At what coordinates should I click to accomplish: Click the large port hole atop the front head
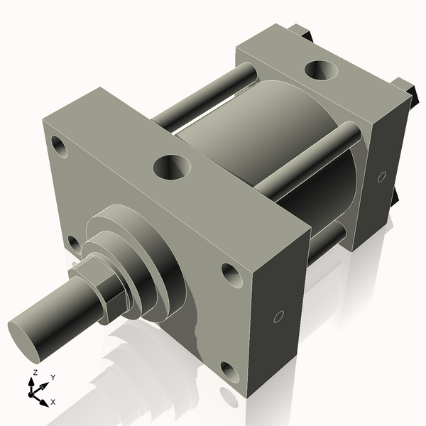point(172,168)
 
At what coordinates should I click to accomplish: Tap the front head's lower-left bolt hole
point(72,244)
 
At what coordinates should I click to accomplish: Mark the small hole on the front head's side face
point(279,317)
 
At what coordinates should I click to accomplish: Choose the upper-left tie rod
point(206,92)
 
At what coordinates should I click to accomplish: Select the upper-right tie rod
point(305,160)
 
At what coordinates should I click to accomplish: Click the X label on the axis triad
point(53,402)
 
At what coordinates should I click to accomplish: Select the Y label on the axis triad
point(53,377)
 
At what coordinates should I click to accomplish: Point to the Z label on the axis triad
point(35,372)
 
